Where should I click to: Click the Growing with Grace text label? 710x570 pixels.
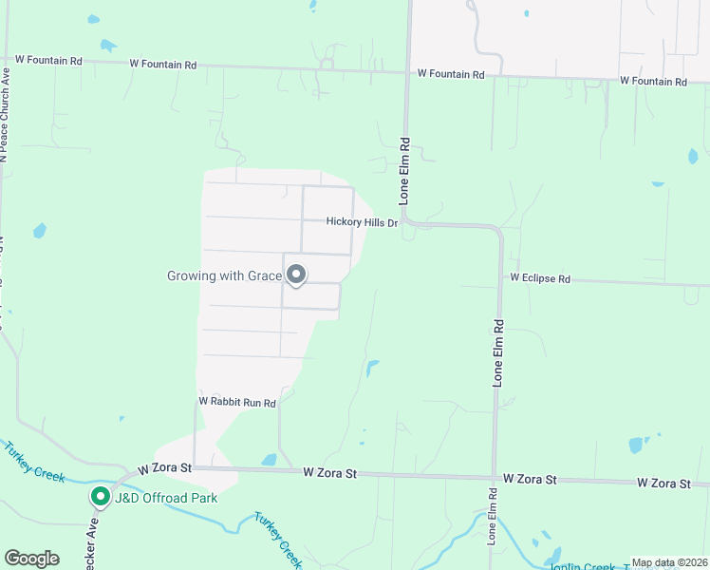coord(225,275)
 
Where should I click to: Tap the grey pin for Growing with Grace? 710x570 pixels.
coord(296,275)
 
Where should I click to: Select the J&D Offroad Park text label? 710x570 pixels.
coord(166,498)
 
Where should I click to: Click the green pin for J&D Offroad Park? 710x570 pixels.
coord(100,497)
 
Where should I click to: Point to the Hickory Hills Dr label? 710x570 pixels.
coord(361,221)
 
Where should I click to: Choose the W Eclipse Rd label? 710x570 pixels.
coord(539,278)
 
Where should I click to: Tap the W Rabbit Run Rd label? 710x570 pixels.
coord(236,403)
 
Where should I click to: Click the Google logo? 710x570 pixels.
coord(32,559)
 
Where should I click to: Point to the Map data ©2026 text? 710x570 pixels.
coord(668,562)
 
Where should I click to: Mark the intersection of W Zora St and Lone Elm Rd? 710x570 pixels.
coord(495,478)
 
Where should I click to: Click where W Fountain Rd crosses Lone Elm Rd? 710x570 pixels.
coord(407,72)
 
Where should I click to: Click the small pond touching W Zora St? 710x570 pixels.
coord(269,460)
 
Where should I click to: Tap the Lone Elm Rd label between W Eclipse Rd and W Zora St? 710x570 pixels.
coord(496,351)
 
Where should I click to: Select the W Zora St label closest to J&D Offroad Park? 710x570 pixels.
coord(164,468)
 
